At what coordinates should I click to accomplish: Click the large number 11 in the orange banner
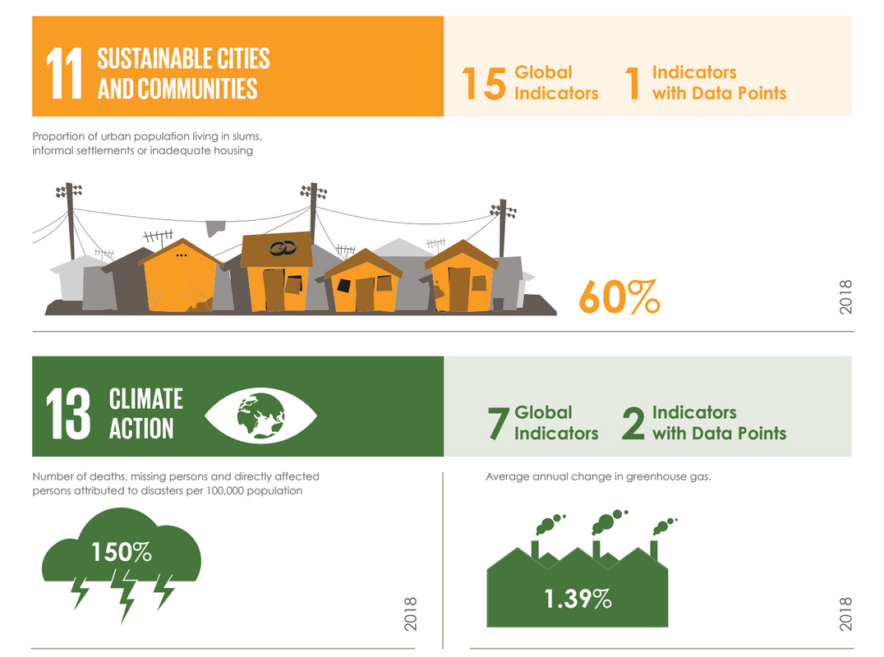pos(64,73)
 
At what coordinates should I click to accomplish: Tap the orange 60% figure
pos(619,297)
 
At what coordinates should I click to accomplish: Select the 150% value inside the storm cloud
pos(122,552)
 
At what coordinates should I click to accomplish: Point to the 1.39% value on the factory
pos(578,599)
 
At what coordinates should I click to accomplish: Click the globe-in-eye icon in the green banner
pos(260,416)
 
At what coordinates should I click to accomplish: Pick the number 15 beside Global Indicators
pos(484,84)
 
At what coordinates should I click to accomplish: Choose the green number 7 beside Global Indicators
pos(499,423)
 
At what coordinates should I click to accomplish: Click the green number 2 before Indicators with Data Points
pos(633,423)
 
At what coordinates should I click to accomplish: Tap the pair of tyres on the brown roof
pos(283,247)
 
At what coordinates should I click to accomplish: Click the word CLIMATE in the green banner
pos(146,399)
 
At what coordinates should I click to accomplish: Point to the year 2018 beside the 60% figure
pos(845,297)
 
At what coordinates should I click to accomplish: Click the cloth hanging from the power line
pos(215,228)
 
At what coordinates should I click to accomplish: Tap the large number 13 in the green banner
pos(67,414)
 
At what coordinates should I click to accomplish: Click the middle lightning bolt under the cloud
pos(125,595)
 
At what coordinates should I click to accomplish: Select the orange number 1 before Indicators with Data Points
pos(633,84)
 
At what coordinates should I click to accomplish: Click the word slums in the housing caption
pos(247,136)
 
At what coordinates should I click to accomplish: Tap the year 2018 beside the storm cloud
pos(411,613)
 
